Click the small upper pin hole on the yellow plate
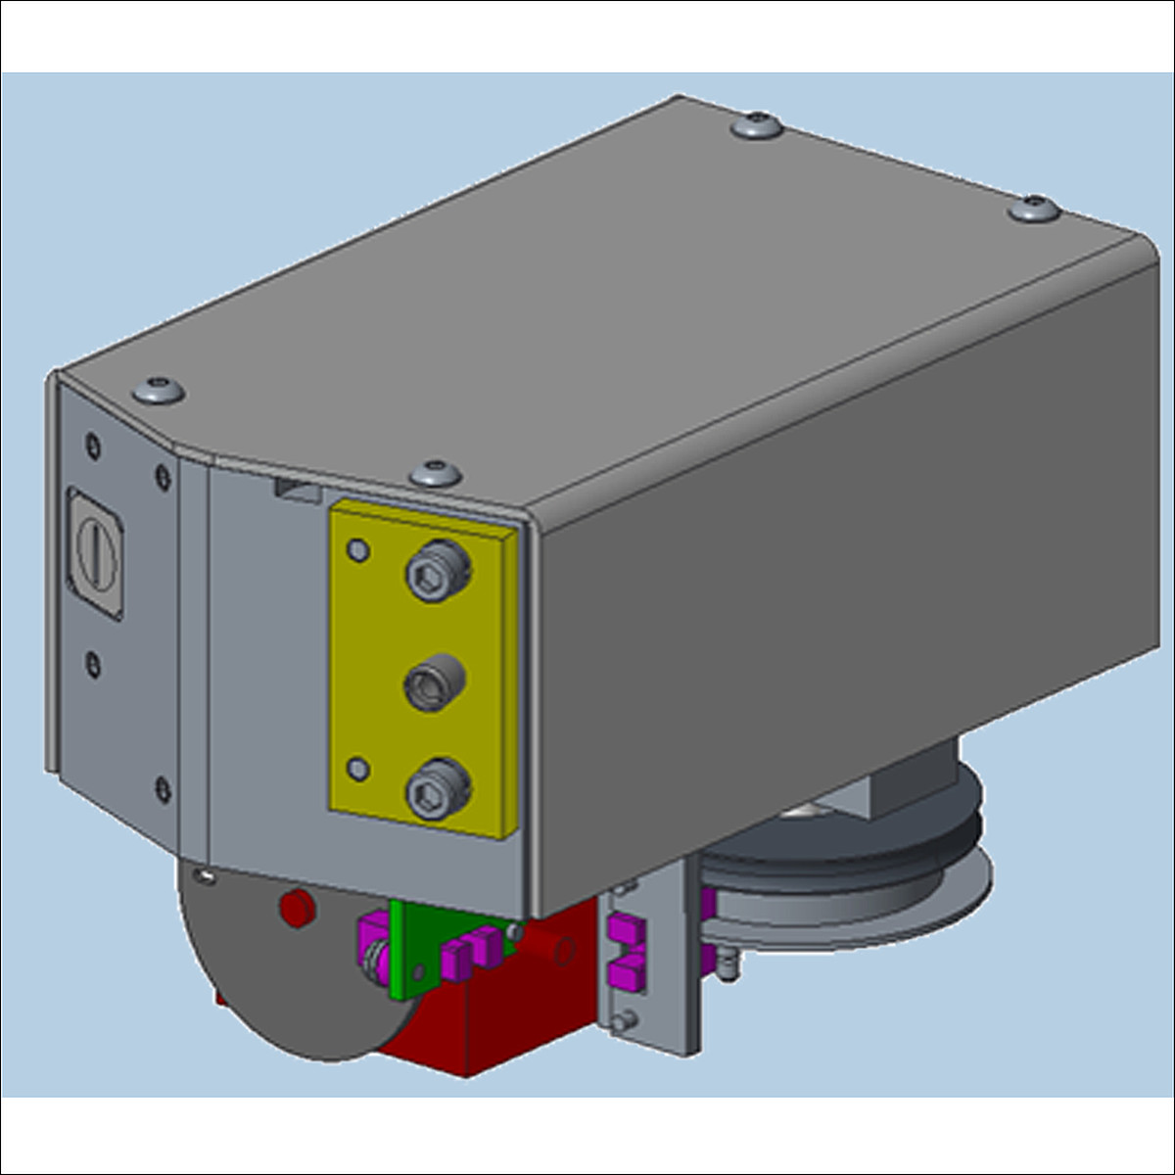[359, 549]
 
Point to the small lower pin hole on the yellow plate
[359, 768]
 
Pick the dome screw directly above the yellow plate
[436, 474]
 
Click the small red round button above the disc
[296, 908]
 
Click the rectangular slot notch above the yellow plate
[297, 490]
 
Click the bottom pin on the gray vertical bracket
[619, 1023]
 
